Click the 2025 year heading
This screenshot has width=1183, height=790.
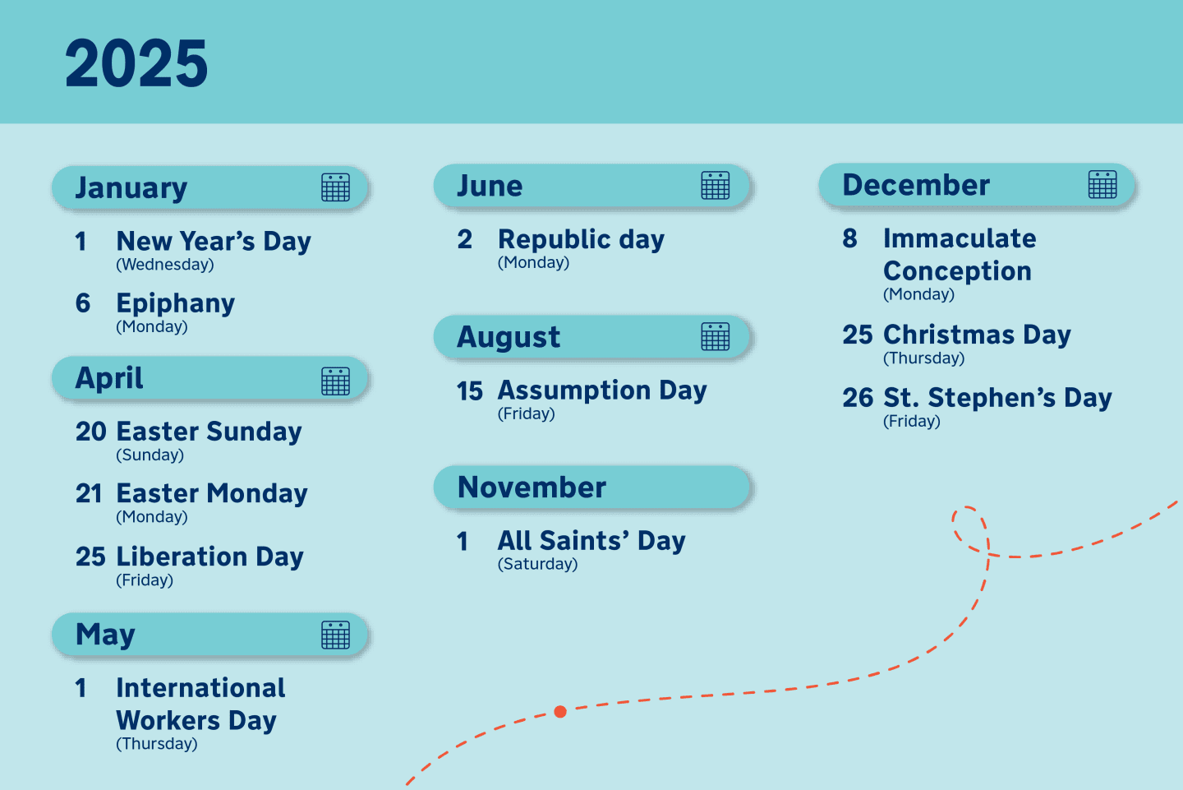[136, 63]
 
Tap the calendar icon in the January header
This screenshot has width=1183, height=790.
[335, 187]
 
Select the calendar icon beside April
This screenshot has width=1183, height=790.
[335, 381]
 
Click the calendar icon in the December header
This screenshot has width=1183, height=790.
[1102, 184]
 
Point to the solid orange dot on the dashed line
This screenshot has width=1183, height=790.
[560, 711]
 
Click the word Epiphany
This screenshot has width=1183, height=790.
[176, 303]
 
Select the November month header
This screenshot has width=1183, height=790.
[532, 487]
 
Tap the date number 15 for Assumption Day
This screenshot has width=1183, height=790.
[470, 390]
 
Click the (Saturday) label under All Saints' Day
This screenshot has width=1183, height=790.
[537, 564]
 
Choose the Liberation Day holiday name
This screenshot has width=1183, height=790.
[210, 557]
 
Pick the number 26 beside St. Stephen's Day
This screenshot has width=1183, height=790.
[858, 398]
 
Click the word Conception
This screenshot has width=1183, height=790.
[957, 271]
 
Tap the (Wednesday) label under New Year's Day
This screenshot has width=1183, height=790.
[164, 265]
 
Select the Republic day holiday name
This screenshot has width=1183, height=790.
[581, 239]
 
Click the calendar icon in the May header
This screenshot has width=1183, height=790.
[335, 635]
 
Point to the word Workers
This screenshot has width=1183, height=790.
[168, 721]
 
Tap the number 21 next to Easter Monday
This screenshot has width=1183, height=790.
[89, 493]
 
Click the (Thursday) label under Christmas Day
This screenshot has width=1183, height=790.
[923, 358]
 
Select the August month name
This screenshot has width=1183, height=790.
[509, 337]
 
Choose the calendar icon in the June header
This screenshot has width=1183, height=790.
[715, 186]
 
